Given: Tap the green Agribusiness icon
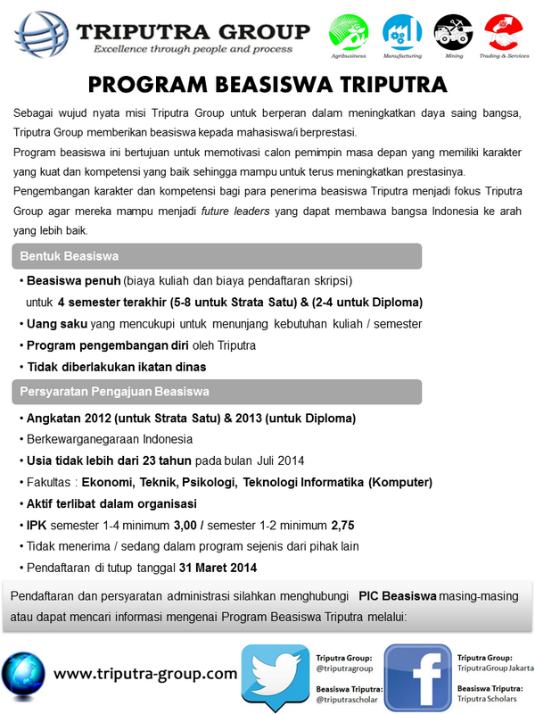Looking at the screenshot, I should pyautogui.click(x=349, y=33).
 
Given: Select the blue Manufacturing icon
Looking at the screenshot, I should pyautogui.click(x=401, y=33).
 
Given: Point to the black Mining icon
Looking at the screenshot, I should pyautogui.click(x=453, y=33).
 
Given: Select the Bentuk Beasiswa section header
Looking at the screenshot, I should pyautogui.click(x=69, y=256).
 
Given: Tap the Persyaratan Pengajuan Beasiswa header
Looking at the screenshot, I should pyautogui.click(x=114, y=390).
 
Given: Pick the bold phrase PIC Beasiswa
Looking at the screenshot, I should pyautogui.click(x=397, y=595).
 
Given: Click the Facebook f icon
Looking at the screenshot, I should pyautogui.click(x=416, y=677).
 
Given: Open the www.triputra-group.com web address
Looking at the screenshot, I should pyautogui.click(x=145, y=673).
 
